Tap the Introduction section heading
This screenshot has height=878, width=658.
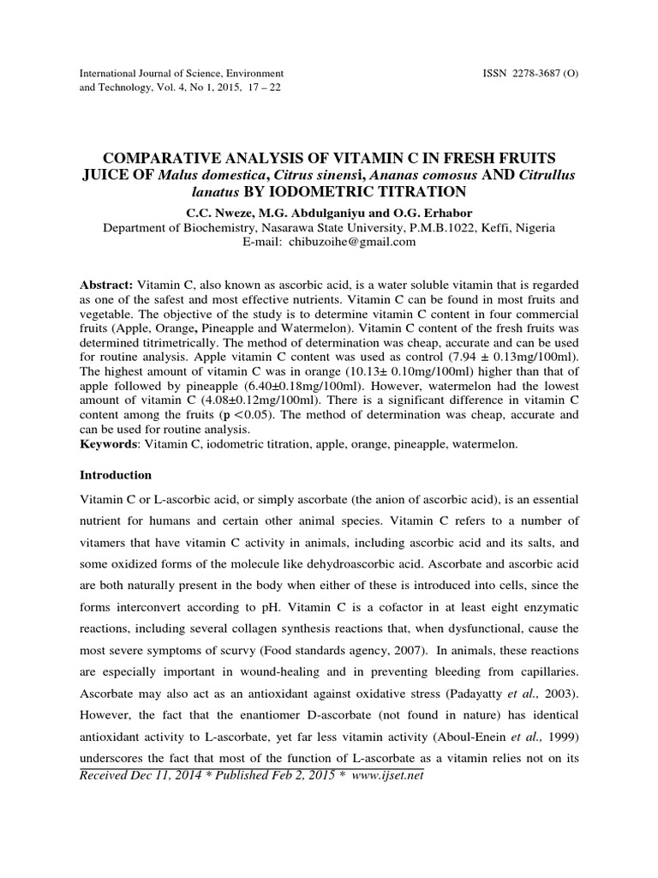coord(115,474)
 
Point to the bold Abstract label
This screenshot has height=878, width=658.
coord(105,284)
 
